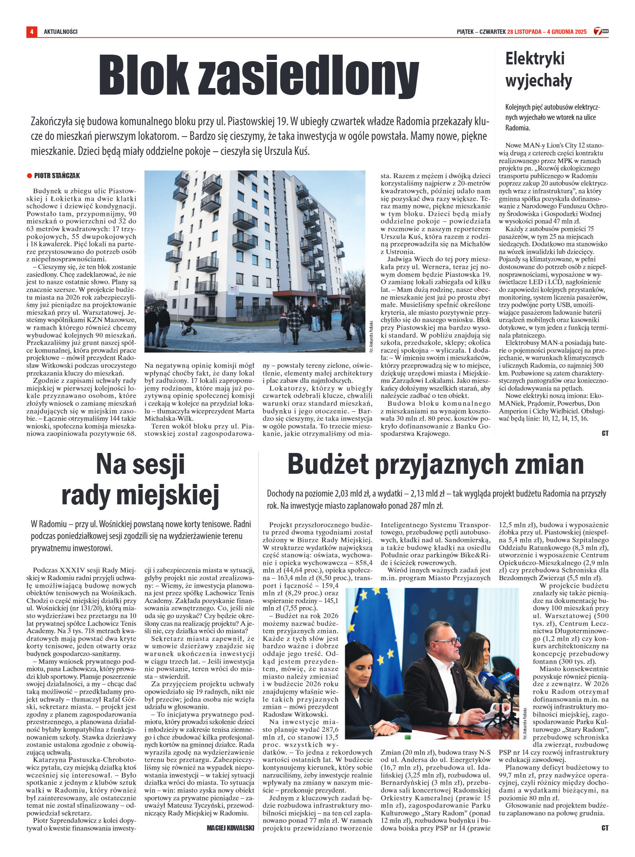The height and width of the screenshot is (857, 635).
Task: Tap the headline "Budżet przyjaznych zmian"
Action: point(435,464)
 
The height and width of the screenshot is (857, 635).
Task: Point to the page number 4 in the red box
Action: point(31,31)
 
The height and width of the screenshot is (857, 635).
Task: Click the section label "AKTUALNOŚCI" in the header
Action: point(61,31)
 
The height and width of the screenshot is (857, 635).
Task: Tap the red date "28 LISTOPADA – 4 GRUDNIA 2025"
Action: point(547,31)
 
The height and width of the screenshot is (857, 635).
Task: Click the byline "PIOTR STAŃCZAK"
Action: point(57,176)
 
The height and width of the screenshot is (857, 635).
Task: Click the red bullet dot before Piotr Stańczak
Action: point(29,176)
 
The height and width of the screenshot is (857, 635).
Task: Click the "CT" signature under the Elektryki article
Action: point(605,433)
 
